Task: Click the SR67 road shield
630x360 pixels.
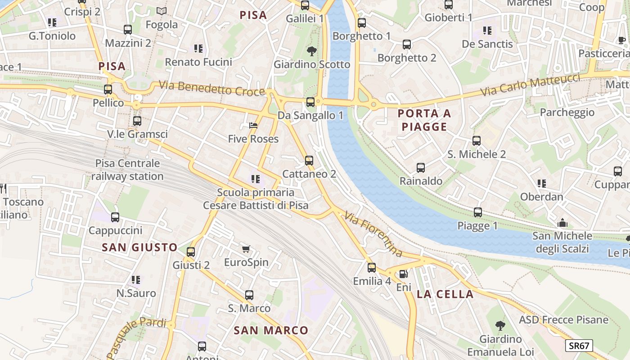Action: (579, 346)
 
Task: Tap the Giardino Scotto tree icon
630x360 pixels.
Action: (311, 51)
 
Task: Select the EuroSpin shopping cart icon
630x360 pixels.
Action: (246, 249)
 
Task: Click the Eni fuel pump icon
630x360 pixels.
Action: (404, 274)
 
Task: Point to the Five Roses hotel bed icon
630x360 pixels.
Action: (253, 126)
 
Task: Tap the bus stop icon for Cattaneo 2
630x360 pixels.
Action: (309, 160)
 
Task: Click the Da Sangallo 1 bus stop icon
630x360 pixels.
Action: (310, 102)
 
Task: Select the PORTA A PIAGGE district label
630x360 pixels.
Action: (424, 120)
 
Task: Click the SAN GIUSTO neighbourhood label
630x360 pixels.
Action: (139, 247)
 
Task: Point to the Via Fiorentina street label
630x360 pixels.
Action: (373, 234)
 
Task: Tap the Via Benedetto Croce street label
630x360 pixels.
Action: (211, 88)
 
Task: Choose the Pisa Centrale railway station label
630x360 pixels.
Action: (127, 170)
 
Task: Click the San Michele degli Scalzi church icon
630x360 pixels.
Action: (562, 223)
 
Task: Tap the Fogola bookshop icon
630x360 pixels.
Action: (162, 11)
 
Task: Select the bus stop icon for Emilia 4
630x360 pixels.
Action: (372, 268)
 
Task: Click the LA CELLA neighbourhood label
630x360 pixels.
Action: (445, 294)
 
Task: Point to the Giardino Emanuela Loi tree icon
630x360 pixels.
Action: (500, 325)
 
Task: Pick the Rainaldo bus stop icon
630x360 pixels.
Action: (421, 168)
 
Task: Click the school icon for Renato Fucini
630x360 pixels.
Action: (198, 49)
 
